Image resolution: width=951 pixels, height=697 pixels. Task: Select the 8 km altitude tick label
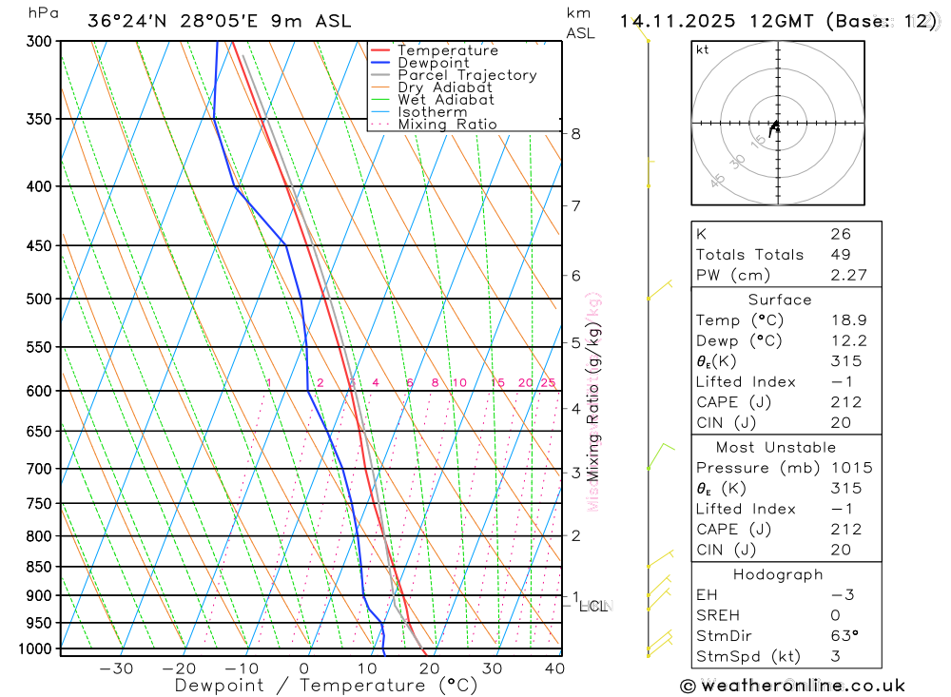pos(575,134)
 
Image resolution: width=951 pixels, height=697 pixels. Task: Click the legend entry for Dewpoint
pos(433,63)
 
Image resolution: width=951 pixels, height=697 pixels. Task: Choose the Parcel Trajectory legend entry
pos(467,75)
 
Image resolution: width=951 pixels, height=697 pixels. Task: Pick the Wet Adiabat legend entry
pos(445,100)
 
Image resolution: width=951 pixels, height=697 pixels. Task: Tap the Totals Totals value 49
pos(840,254)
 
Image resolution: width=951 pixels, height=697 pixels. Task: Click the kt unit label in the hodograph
pos(703,49)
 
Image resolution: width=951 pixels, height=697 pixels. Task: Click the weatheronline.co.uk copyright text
pos(792,686)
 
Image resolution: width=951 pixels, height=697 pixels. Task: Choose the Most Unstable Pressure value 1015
pos(850,468)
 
